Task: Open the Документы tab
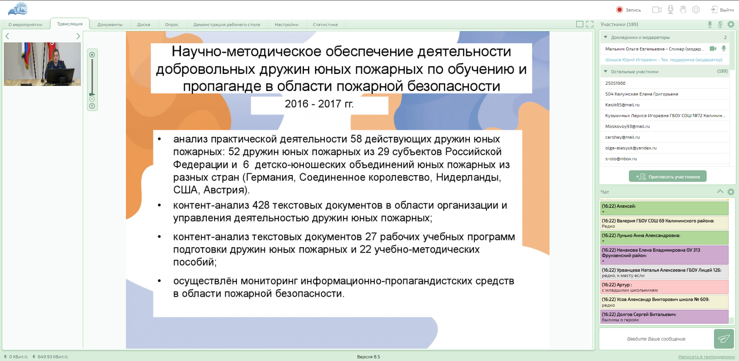(x=110, y=25)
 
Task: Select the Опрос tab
(x=172, y=25)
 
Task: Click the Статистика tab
(x=325, y=25)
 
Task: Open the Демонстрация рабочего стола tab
(x=226, y=25)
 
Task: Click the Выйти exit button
(x=722, y=10)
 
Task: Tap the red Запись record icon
(x=619, y=10)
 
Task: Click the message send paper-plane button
(x=724, y=339)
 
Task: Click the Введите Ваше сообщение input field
(x=656, y=339)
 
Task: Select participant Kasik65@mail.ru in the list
(x=622, y=105)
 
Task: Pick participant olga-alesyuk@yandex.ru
(x=631, y=148)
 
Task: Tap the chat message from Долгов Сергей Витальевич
(x=664, y=317)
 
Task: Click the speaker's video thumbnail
(x=42, y=64)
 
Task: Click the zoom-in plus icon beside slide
(x=92, y=55)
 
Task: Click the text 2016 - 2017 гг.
(x=319, y=104)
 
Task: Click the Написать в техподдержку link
(x=707, y=357)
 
